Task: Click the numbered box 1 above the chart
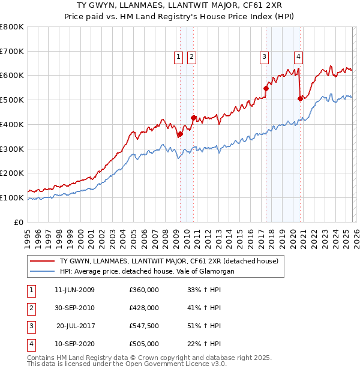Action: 179,57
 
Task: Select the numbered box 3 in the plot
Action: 264,57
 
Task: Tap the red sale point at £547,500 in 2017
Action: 266,88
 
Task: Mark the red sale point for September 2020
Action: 300,99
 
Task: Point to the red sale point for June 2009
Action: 179,134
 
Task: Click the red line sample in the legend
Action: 43,261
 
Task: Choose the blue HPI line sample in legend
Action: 43,271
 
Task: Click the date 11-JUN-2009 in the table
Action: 74,290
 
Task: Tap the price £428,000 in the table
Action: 143,308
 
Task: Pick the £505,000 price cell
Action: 143,344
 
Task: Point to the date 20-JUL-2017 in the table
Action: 76,326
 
